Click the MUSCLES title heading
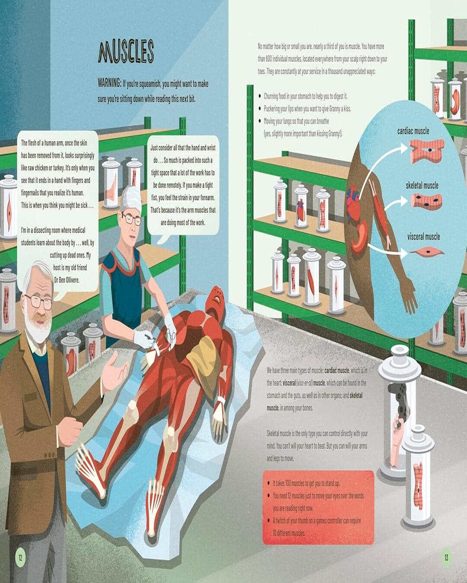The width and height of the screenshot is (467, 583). tap(126, 52)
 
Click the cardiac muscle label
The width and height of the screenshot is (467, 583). tap(413, 131)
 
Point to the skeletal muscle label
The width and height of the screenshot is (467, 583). tap(422, 186)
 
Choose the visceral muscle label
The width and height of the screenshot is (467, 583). tap(424, 237)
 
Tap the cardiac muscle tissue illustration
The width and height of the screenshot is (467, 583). tap(426, 151)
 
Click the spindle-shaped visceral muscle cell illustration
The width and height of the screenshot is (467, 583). tap(427, 252)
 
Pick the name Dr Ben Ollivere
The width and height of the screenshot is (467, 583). tap(67, 280)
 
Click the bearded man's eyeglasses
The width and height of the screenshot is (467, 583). tap(38, 301)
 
